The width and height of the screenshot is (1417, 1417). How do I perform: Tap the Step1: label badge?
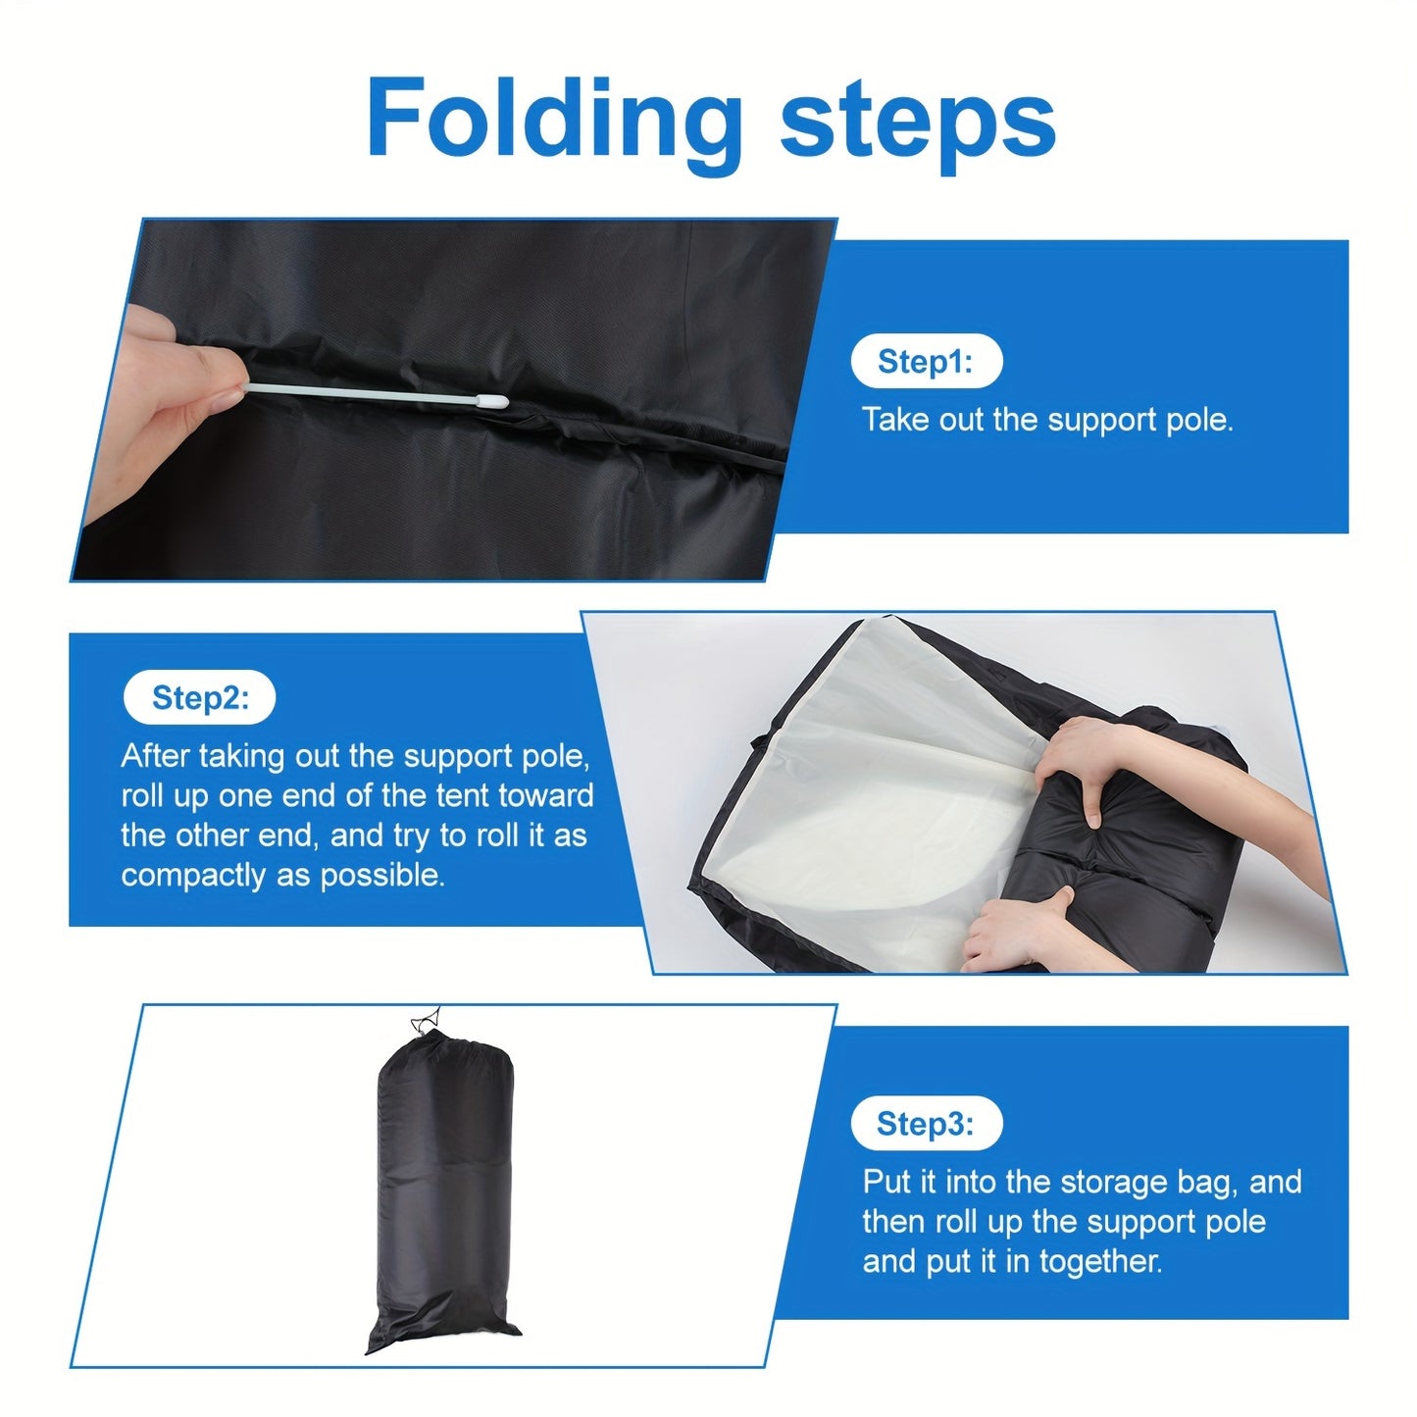(x=926, y=361)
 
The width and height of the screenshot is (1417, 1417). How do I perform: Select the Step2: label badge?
(x=200, y=696)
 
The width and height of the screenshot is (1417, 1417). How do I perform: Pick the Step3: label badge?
(x=926, y=1143)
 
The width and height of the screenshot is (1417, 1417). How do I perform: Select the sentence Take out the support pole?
(x=1046, y=420)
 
